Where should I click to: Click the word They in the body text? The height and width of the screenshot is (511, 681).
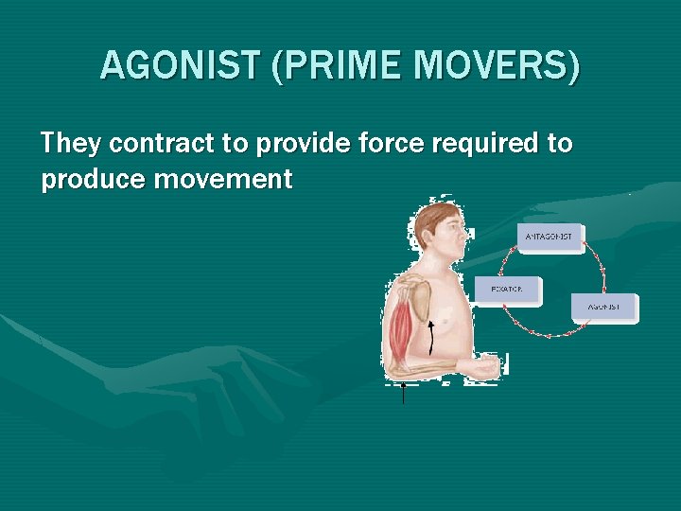click(71, 144)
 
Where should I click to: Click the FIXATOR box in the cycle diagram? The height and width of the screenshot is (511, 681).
click(508, 289)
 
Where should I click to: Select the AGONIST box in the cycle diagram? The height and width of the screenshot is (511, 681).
click(604, 308)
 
